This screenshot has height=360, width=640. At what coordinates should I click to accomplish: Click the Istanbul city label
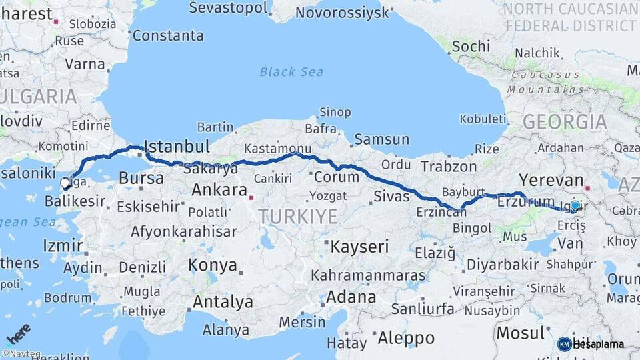(177, 146)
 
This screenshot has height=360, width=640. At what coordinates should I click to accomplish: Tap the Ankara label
(219, 190)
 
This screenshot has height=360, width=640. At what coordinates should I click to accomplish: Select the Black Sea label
(291, 72)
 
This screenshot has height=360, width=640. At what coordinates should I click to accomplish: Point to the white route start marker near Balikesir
(65, 182)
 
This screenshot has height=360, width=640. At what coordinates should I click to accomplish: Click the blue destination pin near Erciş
(575, 207)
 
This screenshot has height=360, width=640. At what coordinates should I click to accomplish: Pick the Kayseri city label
(359, 247)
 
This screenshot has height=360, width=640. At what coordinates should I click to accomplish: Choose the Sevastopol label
(229, 9)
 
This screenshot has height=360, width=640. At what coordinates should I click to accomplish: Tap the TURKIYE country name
(298, 216)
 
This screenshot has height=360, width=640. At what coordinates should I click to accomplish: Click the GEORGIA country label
(565, 122)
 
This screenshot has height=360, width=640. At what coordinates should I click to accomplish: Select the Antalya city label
(223, 302)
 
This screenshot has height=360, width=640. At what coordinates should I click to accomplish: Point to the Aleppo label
(406, 338)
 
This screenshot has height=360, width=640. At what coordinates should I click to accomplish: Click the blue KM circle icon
(564, 344)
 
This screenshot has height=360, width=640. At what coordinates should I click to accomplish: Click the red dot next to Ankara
(251, 197)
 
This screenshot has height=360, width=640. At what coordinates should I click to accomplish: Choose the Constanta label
(168, 35)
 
